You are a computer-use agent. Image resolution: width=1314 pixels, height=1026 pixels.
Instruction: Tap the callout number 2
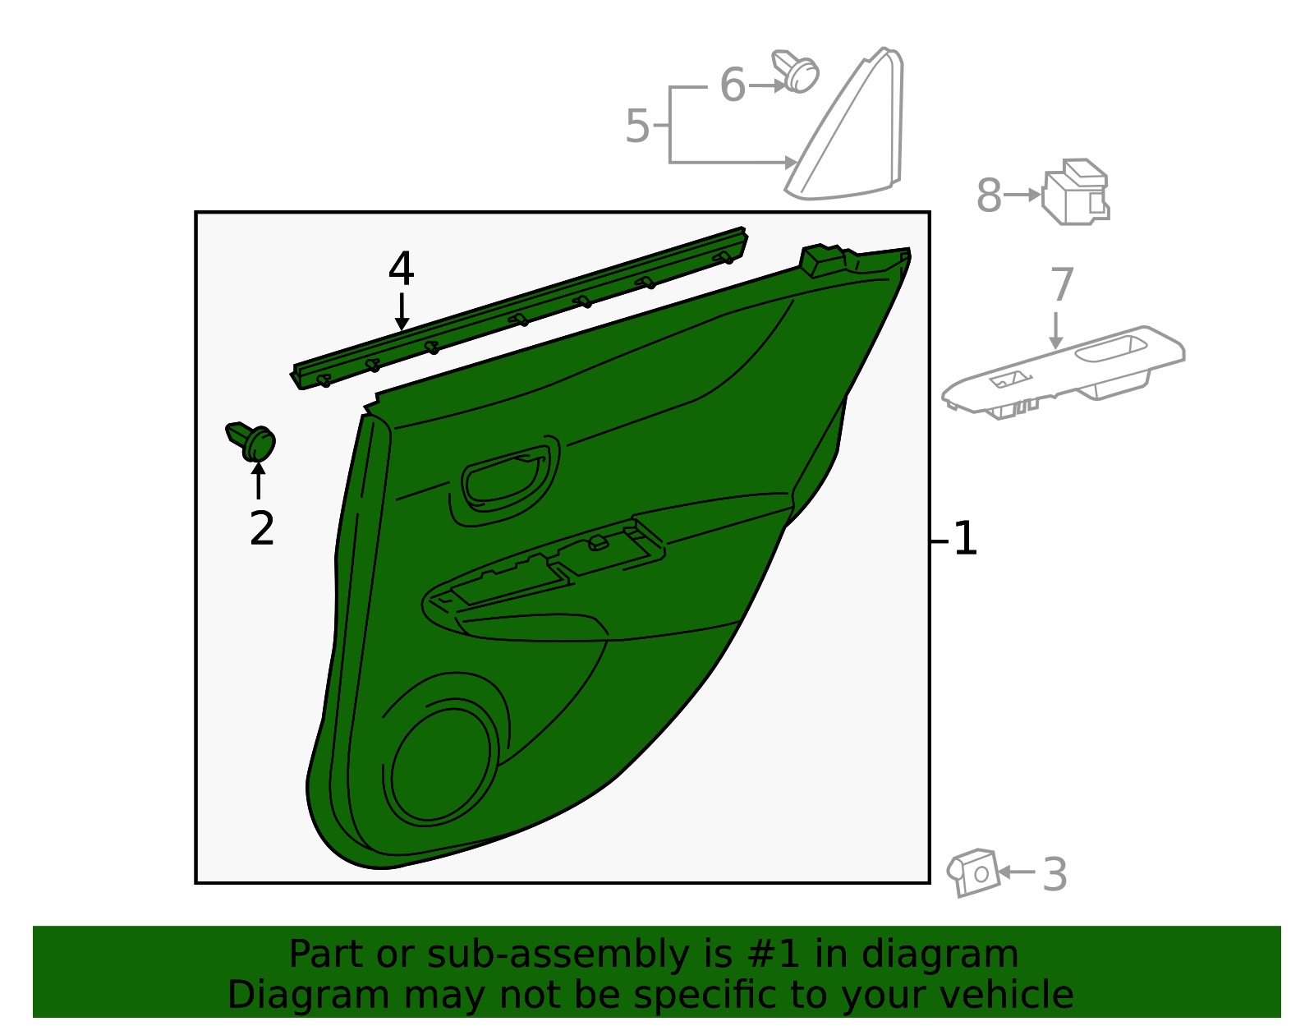click(262, 528)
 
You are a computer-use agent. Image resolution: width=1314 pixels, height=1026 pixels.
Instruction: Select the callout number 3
click(1054, 874)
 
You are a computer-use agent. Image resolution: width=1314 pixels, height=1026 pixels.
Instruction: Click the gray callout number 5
click(637, 127)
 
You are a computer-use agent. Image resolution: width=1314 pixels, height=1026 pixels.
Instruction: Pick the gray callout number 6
click(733, 85)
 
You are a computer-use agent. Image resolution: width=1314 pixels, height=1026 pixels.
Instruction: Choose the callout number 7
click(1062, 284)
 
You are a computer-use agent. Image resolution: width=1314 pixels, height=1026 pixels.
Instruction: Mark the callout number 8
click(990, 196)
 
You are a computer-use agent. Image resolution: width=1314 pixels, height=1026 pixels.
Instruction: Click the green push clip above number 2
click(250, 441)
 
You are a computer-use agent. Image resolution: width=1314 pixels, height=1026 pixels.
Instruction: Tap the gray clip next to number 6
click(796, 71)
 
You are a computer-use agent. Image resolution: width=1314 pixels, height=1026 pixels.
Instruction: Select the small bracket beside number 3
click(973, 873)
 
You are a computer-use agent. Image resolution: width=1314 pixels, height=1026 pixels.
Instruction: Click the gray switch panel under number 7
click(1063, 372)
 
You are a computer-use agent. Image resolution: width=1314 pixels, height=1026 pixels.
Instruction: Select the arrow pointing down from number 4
click(402, 312)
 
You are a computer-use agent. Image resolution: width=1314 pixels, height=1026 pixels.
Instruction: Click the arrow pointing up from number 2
click(258, 481)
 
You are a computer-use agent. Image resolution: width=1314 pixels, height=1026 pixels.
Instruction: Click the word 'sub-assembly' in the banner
click(558, 954)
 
